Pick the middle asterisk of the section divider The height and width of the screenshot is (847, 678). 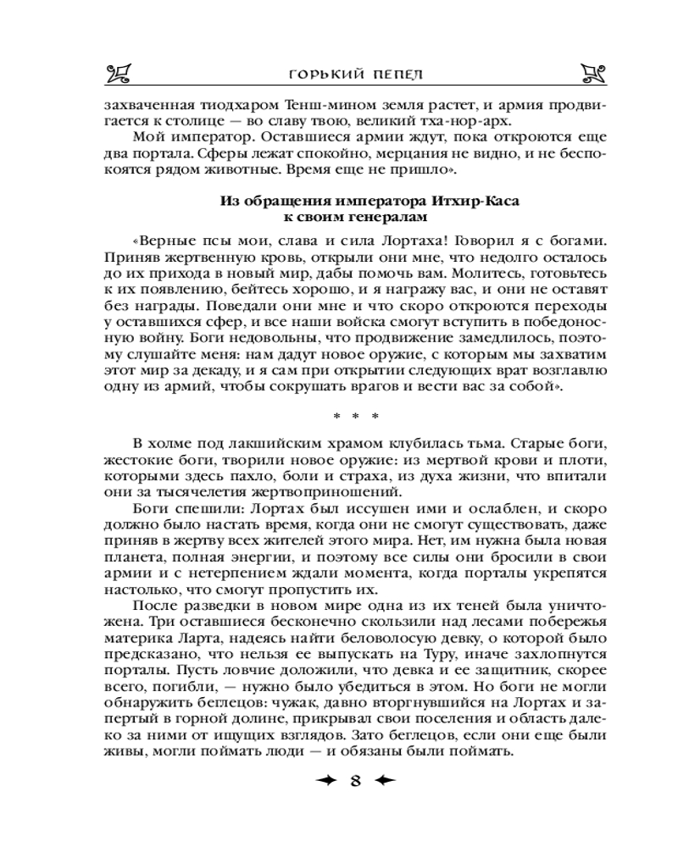click(x=352, y=415)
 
